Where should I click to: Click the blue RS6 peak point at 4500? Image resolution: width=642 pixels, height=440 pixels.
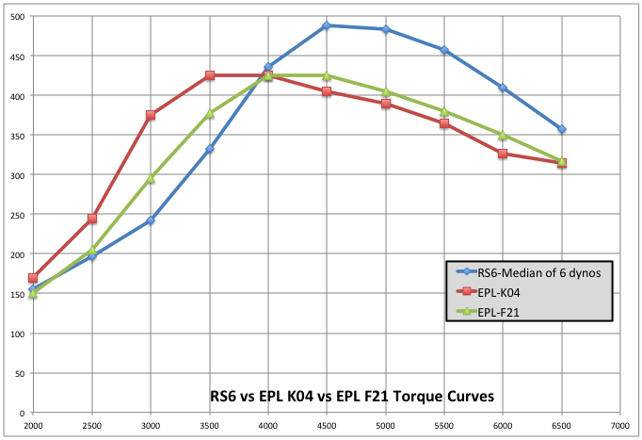click(327, 25)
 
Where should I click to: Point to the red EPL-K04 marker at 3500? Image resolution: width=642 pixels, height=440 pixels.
click(210, 75)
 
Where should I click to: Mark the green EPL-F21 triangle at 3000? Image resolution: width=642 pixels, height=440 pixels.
click(151, 177)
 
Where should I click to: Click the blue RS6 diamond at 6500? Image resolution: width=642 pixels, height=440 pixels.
click(562, 129)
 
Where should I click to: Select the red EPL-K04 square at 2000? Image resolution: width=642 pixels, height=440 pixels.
click(33, 278)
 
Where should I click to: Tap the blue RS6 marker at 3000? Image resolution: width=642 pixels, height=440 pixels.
click(151, 220)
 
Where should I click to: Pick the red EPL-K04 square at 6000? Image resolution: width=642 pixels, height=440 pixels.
click(503, 154)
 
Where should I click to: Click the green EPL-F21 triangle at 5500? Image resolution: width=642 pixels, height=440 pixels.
click(444, 111)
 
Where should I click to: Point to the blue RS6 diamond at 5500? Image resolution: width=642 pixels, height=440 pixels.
click(444, 50)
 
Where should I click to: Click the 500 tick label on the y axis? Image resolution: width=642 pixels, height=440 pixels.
click(17, 16)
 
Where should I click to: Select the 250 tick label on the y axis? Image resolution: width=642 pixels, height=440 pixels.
click(17, 215)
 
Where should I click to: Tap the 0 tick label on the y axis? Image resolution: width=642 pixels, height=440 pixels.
click(23, 413)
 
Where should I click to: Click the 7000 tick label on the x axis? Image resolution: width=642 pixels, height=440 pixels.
click(620, 426)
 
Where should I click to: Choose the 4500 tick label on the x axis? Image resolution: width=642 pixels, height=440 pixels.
click(327, 426)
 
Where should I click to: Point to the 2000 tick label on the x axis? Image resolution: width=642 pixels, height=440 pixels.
click(33, 426)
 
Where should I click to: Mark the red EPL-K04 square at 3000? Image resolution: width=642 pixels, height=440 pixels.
click(151, 115)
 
